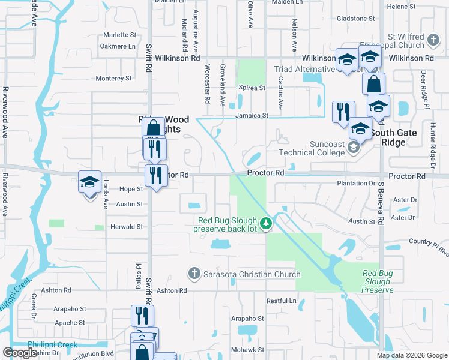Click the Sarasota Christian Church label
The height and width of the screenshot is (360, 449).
(x=252, y=275)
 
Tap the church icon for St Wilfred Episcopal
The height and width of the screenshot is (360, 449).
(x=433, y=41)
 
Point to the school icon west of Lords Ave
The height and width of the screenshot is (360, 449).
(x=89, y=181)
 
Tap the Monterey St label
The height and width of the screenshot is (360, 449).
(x=113, y=79)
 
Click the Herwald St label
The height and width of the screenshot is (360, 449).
(x=126, y=227)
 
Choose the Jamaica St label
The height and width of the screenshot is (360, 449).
(x=251, y=115)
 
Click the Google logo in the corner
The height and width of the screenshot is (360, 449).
(x=20, y=353)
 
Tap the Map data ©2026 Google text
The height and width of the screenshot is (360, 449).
(x=411, y=355)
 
